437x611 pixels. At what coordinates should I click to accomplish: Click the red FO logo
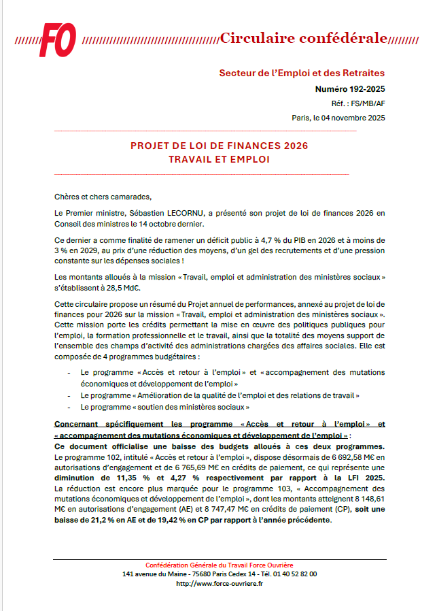tap(58, 40)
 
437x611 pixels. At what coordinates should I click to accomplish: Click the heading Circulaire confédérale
tap(303, 38)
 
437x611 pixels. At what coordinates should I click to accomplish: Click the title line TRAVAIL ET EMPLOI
tap(220, 159)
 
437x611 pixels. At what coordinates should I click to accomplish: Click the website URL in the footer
tap(219, 583)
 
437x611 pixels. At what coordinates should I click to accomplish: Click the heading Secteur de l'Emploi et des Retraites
tap(302, 73)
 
